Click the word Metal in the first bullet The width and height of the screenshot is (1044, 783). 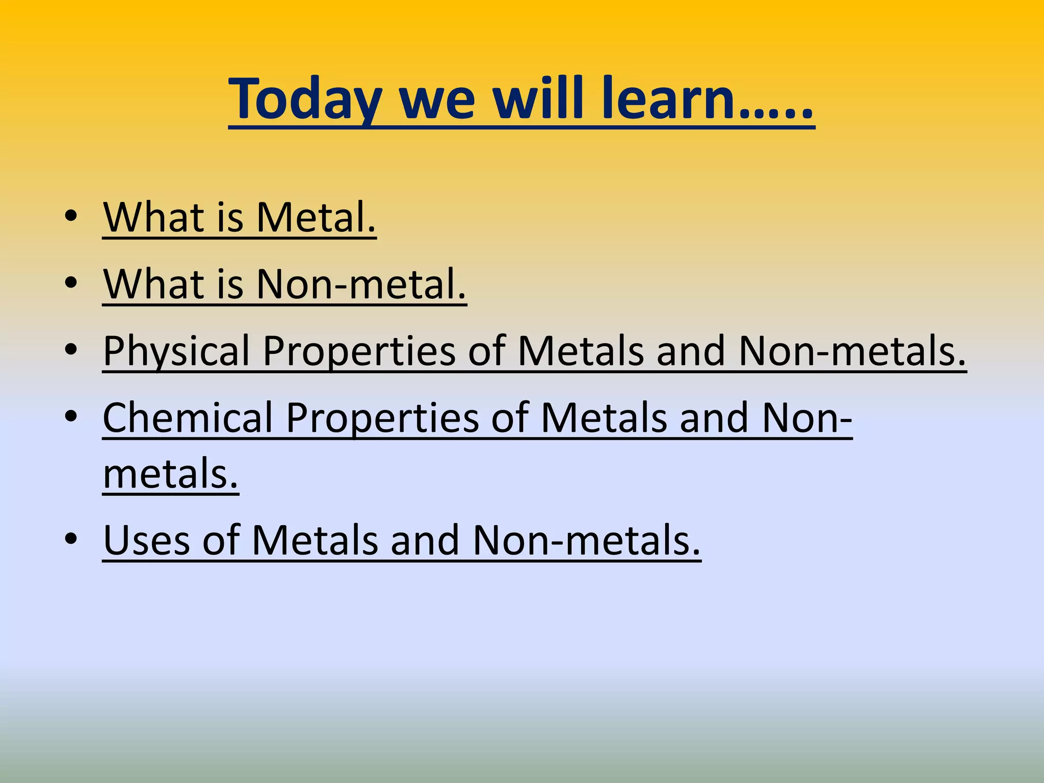pos(316,218)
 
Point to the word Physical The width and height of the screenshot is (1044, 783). pos(176,352)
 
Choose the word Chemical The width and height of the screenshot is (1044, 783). pos(188,418)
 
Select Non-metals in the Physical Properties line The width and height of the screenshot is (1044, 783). pos(851,352)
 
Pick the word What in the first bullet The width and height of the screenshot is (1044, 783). pos(153,218)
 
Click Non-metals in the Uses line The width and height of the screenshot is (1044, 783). pos(586,540)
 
